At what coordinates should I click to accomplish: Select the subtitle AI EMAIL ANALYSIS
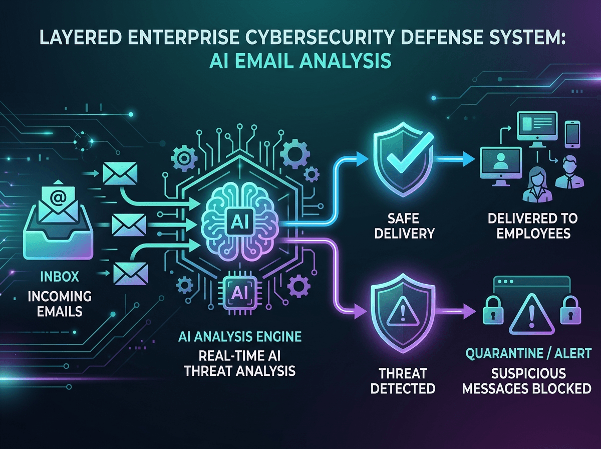(x=300, y=61)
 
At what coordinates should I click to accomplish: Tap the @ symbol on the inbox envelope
(x=58, y=197)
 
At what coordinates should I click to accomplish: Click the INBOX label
(x=60, y=277)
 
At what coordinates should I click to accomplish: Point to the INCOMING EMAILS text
(x=60, y=304)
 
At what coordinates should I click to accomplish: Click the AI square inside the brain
(x=240, y=221)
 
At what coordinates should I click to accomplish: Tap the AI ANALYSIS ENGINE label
(x=240, y=337)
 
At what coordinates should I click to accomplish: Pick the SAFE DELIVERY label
(x=404, y=227)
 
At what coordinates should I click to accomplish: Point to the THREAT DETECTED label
(x=403, y=381)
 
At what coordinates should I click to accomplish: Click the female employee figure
(x=537, y=185)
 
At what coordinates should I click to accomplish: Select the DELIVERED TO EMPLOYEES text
(x=533, y=226)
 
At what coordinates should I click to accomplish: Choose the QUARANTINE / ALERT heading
(x=528, y=353)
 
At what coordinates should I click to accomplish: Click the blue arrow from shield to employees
(x=455, y=159)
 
